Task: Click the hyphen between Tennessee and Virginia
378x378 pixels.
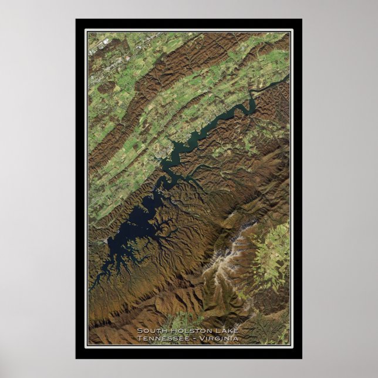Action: pos(195,338)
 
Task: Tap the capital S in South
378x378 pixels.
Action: pos(139,330)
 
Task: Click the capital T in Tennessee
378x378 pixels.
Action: pos(139,338)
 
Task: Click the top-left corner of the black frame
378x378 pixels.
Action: pos(76,19)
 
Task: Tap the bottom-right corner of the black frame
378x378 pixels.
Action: pos(301,358)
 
